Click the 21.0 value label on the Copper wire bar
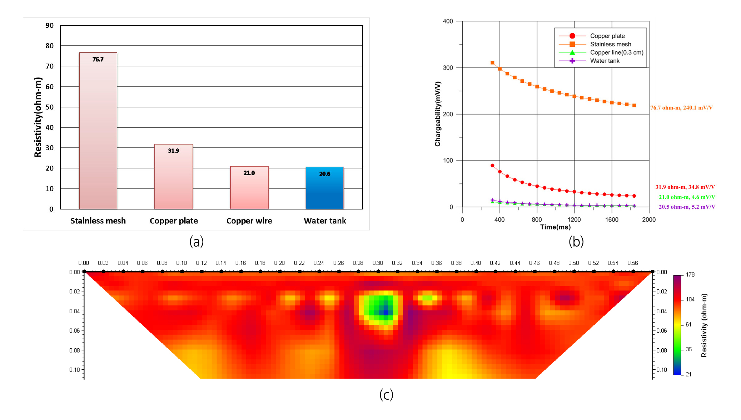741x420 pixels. pos(249,173)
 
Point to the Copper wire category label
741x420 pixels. pos(249,221)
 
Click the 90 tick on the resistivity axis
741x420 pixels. pos(50,25)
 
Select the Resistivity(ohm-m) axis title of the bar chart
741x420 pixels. pos(38,117)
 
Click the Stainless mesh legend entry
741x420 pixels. pos(610,44)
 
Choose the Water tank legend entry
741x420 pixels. pos(605,61)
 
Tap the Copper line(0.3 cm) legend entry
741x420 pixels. pos(616,52)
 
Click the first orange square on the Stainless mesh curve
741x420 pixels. pos(492,63)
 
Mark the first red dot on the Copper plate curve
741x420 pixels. pos(492,166)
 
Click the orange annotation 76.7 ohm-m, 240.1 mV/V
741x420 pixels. pos(681,108)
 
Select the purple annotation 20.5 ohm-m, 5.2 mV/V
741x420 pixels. pos(687,207)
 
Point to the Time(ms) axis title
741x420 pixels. pos(555,227)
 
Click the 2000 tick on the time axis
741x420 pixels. pos(649,219)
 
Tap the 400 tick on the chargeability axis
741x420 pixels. pos(448,21)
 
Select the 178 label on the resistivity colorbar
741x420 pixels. pos(690,275)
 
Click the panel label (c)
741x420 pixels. pos(386,395)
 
